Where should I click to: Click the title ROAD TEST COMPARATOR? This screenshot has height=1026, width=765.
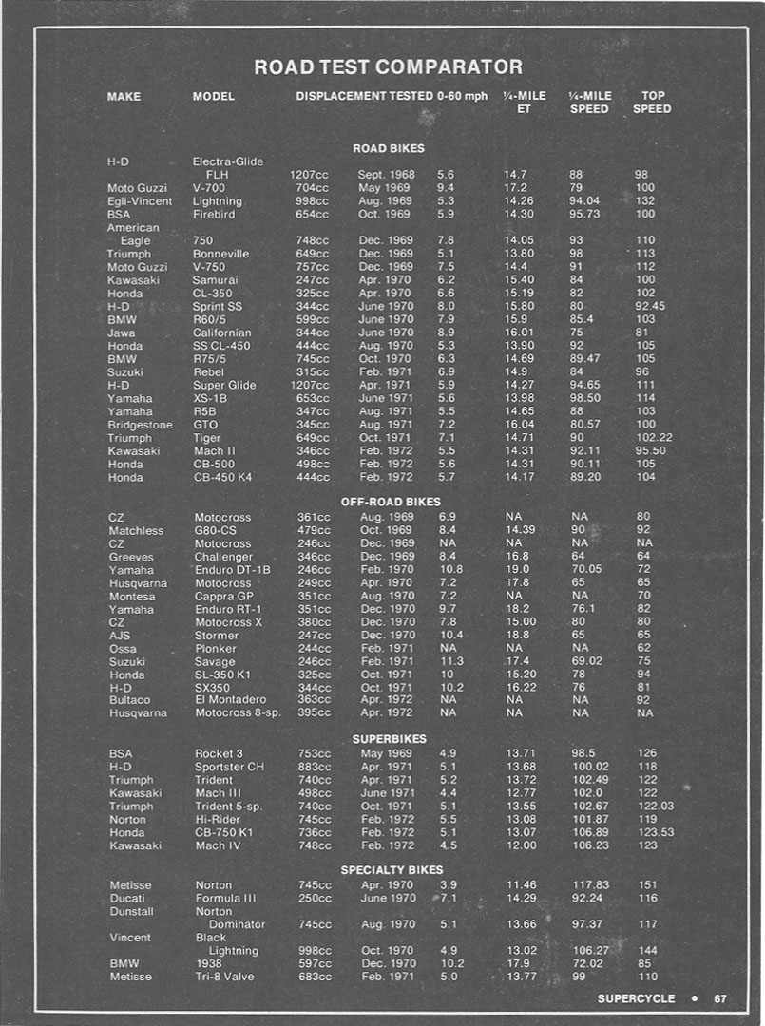388,66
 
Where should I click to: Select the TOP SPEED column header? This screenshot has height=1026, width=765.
652,102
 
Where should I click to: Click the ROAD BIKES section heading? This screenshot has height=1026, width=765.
388,148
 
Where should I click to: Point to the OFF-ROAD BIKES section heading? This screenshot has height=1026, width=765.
391,501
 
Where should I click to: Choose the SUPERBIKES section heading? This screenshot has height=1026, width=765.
389,738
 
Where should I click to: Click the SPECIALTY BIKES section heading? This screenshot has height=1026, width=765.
392,869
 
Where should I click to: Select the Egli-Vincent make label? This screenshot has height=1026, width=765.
140,201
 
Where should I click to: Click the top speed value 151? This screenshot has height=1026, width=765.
647,885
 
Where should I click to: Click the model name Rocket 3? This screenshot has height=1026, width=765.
220,754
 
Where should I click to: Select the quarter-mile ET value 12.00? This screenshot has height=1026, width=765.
520,845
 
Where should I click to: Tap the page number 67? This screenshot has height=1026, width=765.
720,998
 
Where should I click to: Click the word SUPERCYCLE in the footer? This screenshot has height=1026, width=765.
636,998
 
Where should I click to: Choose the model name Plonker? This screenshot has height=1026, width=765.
216,648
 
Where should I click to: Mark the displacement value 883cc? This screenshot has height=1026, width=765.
315,768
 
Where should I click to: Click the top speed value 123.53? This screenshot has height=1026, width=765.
653,832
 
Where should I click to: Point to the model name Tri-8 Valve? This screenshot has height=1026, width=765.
224,977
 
